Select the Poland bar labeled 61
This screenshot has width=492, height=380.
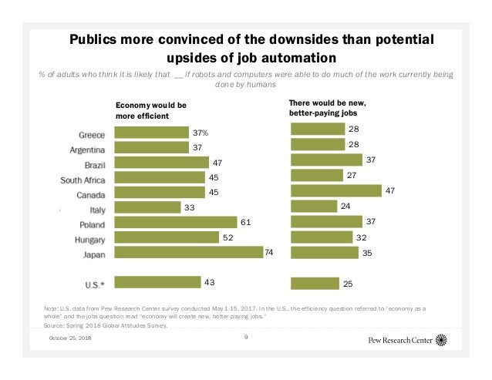176,223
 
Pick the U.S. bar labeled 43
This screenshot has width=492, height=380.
157,283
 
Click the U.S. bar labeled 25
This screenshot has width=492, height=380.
315,284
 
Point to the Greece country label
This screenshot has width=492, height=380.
92,133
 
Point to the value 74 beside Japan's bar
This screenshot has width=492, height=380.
270,252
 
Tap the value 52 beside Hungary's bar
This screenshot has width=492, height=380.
228,238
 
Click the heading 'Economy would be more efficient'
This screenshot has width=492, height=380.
151,109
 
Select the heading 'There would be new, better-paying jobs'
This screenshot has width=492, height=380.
327,107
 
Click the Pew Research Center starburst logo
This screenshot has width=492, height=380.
441,339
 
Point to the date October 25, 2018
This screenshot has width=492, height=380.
70,340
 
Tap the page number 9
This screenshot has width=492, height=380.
246,337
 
